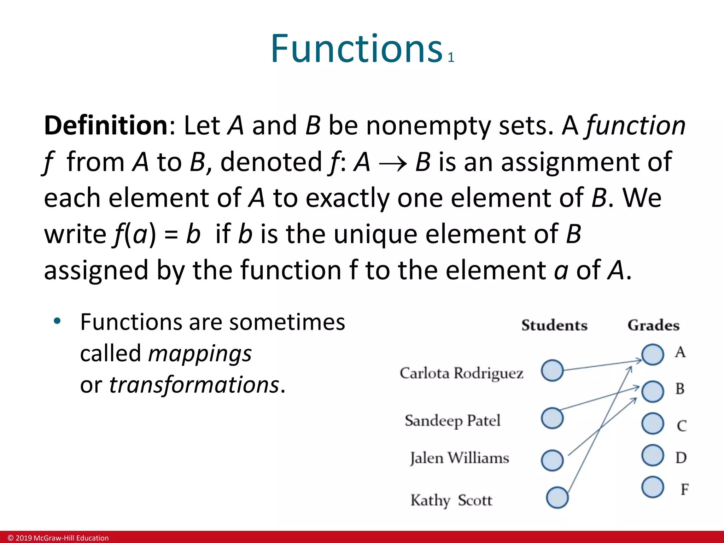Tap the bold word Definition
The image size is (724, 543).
[106, 125]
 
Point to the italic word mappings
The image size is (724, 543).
[200, 354]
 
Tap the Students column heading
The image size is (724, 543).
[554, 325]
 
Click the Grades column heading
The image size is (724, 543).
[653, 325]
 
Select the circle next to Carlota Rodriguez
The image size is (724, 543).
[552, 370]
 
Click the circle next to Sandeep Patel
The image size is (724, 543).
[552, 418]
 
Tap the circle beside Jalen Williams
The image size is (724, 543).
[552, 460]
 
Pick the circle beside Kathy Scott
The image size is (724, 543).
[557, 497]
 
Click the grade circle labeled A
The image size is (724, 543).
[653, 355]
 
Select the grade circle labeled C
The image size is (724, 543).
[653, 424]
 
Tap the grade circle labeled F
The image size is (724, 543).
[653, 487]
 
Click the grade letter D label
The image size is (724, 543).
[681, 458]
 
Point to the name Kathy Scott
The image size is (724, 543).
[451, 500]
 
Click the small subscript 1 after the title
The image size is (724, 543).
[451, 58]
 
